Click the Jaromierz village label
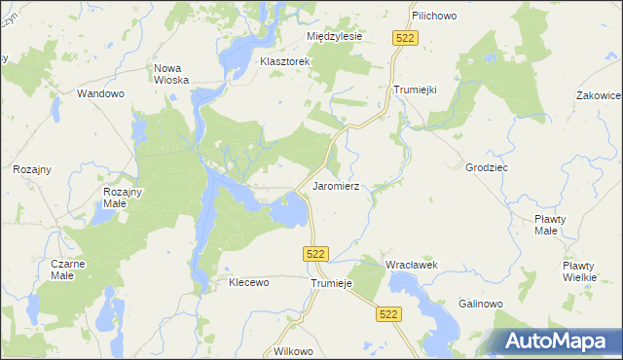point(337,185)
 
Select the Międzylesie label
point(334,36)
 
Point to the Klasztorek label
point(284,61)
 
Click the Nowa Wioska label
point(171,75)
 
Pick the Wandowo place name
point(101,94)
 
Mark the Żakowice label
point(598,95)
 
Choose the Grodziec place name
point(487,167)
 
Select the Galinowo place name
point(481,304)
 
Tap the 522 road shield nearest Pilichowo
point(407,37)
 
